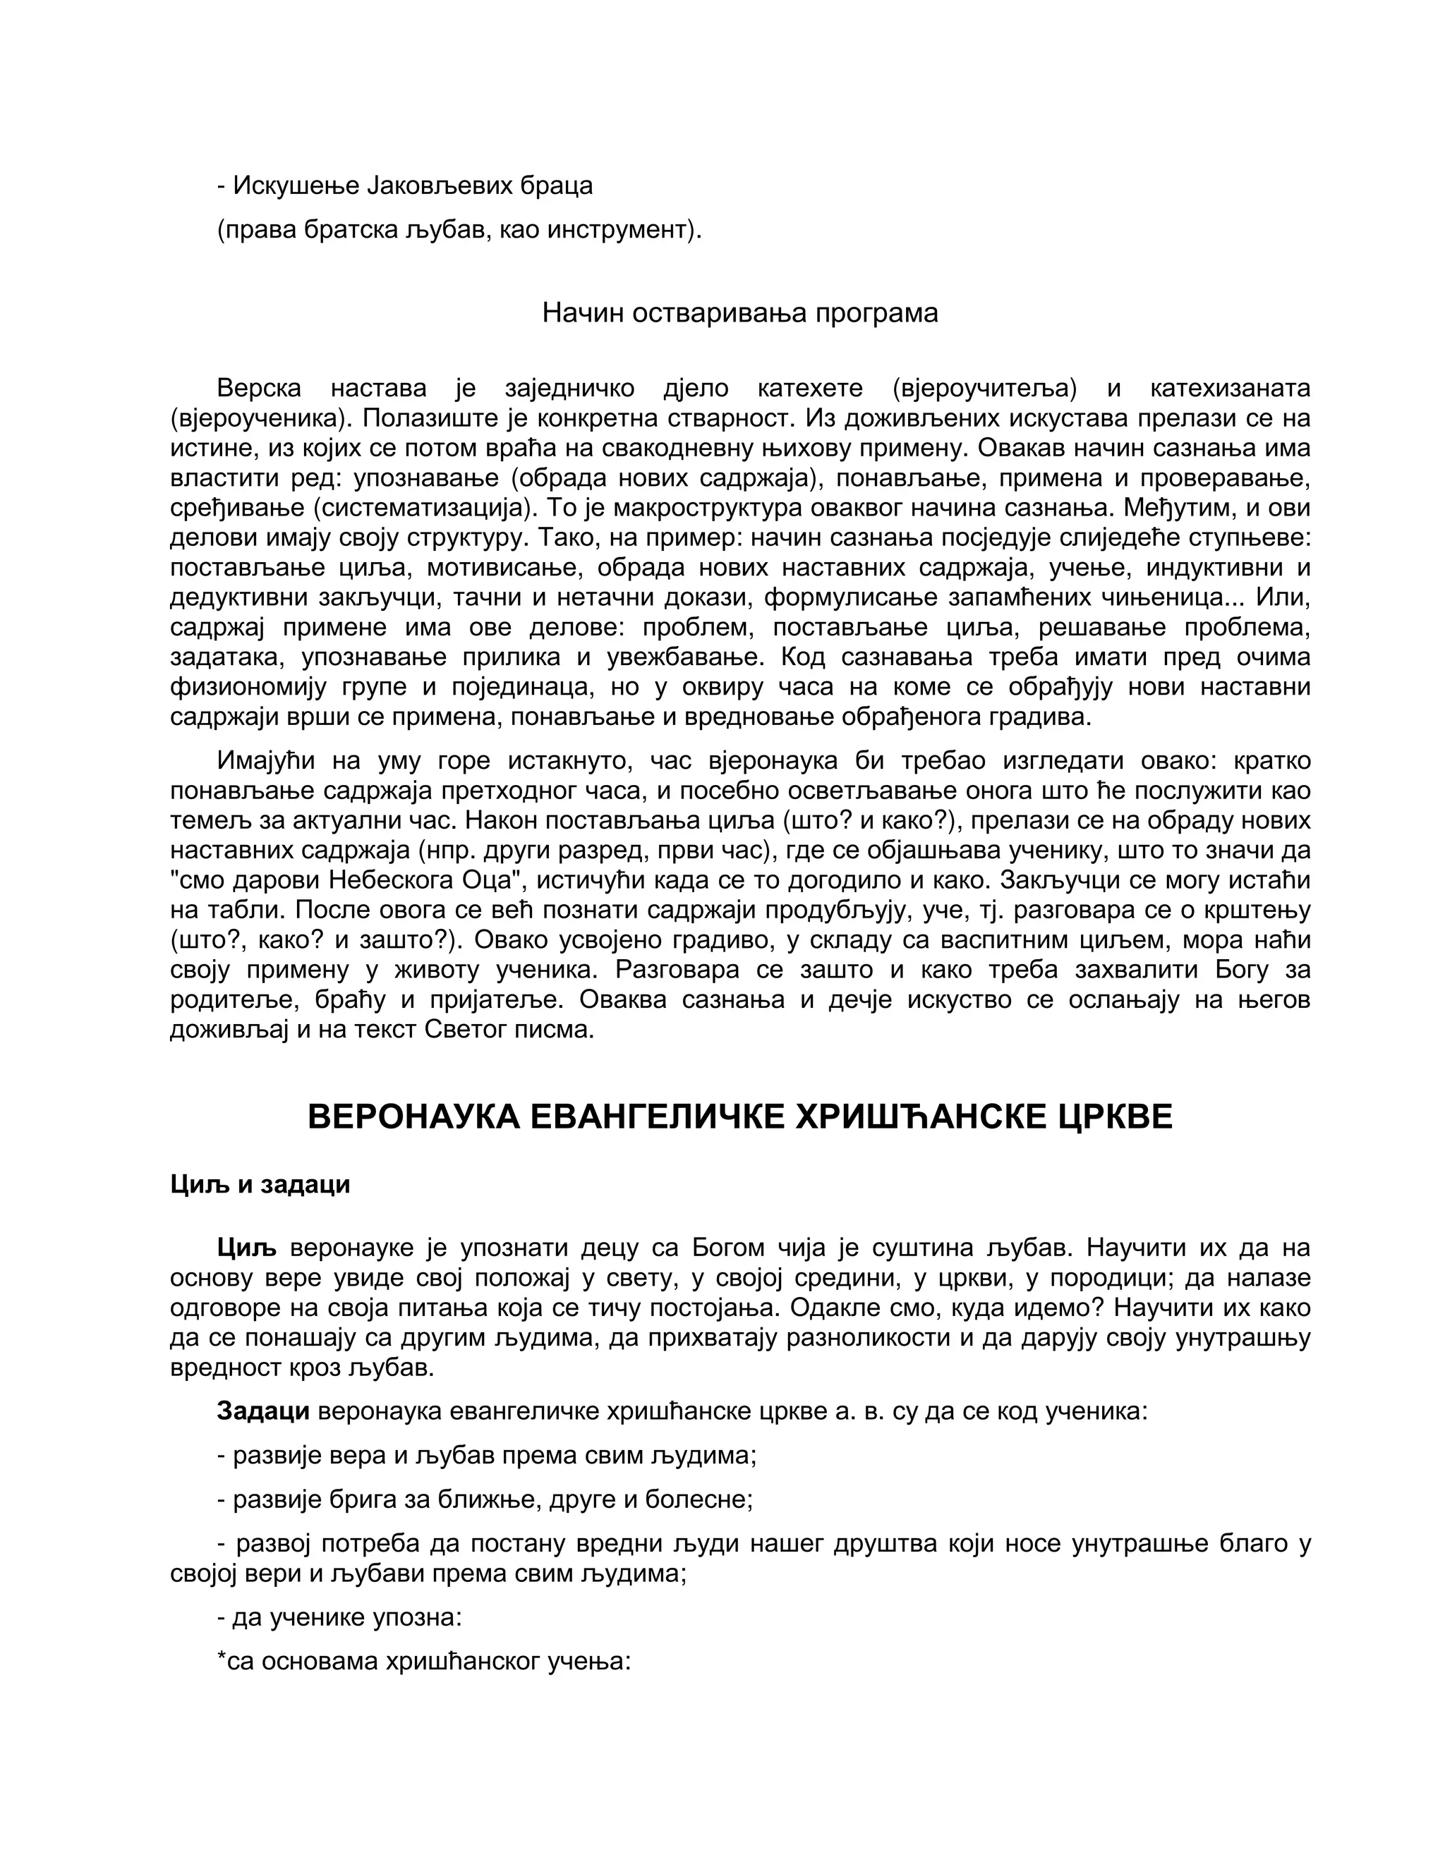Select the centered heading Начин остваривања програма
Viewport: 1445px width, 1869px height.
pos(739,313)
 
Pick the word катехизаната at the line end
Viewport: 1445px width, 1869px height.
pos(1230,389)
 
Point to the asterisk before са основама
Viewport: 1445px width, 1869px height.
pos(222,1660)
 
